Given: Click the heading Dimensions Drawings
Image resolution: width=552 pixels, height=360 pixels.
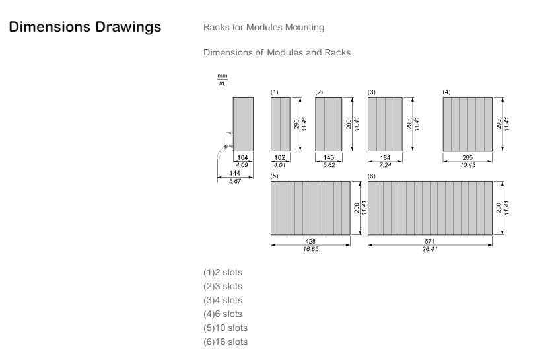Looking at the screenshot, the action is (85, 27).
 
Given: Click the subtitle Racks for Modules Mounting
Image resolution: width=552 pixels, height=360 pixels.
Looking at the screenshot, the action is (263, 28).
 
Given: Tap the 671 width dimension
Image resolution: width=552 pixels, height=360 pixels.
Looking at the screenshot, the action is (429, 241).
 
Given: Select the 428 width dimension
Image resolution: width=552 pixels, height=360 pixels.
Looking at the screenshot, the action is (310, 241).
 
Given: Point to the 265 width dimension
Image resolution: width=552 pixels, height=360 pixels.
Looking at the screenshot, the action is (467, 157).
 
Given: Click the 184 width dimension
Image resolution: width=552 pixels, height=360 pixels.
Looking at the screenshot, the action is (385, 157).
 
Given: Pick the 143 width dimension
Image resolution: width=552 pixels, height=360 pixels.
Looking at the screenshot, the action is (328, 157).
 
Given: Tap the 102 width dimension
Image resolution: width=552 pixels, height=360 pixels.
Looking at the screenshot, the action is (280, 157).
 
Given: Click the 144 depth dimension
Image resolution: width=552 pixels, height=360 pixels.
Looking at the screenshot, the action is (235, 173).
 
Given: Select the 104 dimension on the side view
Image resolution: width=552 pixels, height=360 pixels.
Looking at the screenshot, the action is (242, 157).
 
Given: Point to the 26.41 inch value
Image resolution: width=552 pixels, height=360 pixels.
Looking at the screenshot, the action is (429, 249).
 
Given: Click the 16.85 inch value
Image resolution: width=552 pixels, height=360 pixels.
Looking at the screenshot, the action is (310, 249).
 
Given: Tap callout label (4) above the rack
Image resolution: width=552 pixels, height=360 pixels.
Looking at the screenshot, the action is (446, 92).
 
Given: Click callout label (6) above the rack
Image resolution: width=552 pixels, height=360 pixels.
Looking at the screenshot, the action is (372, 176).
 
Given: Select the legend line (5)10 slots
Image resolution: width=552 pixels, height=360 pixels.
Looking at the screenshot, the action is (225, 328).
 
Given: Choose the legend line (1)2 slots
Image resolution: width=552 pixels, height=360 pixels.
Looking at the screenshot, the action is (223, 273).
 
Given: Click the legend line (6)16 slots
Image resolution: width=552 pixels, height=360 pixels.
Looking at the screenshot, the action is (225, 342).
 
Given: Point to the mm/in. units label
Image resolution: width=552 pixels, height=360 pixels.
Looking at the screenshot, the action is (223, 80).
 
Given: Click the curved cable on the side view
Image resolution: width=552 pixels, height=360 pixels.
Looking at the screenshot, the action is (222, 152).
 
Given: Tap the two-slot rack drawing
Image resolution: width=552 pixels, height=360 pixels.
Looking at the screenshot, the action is (281, 124).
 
